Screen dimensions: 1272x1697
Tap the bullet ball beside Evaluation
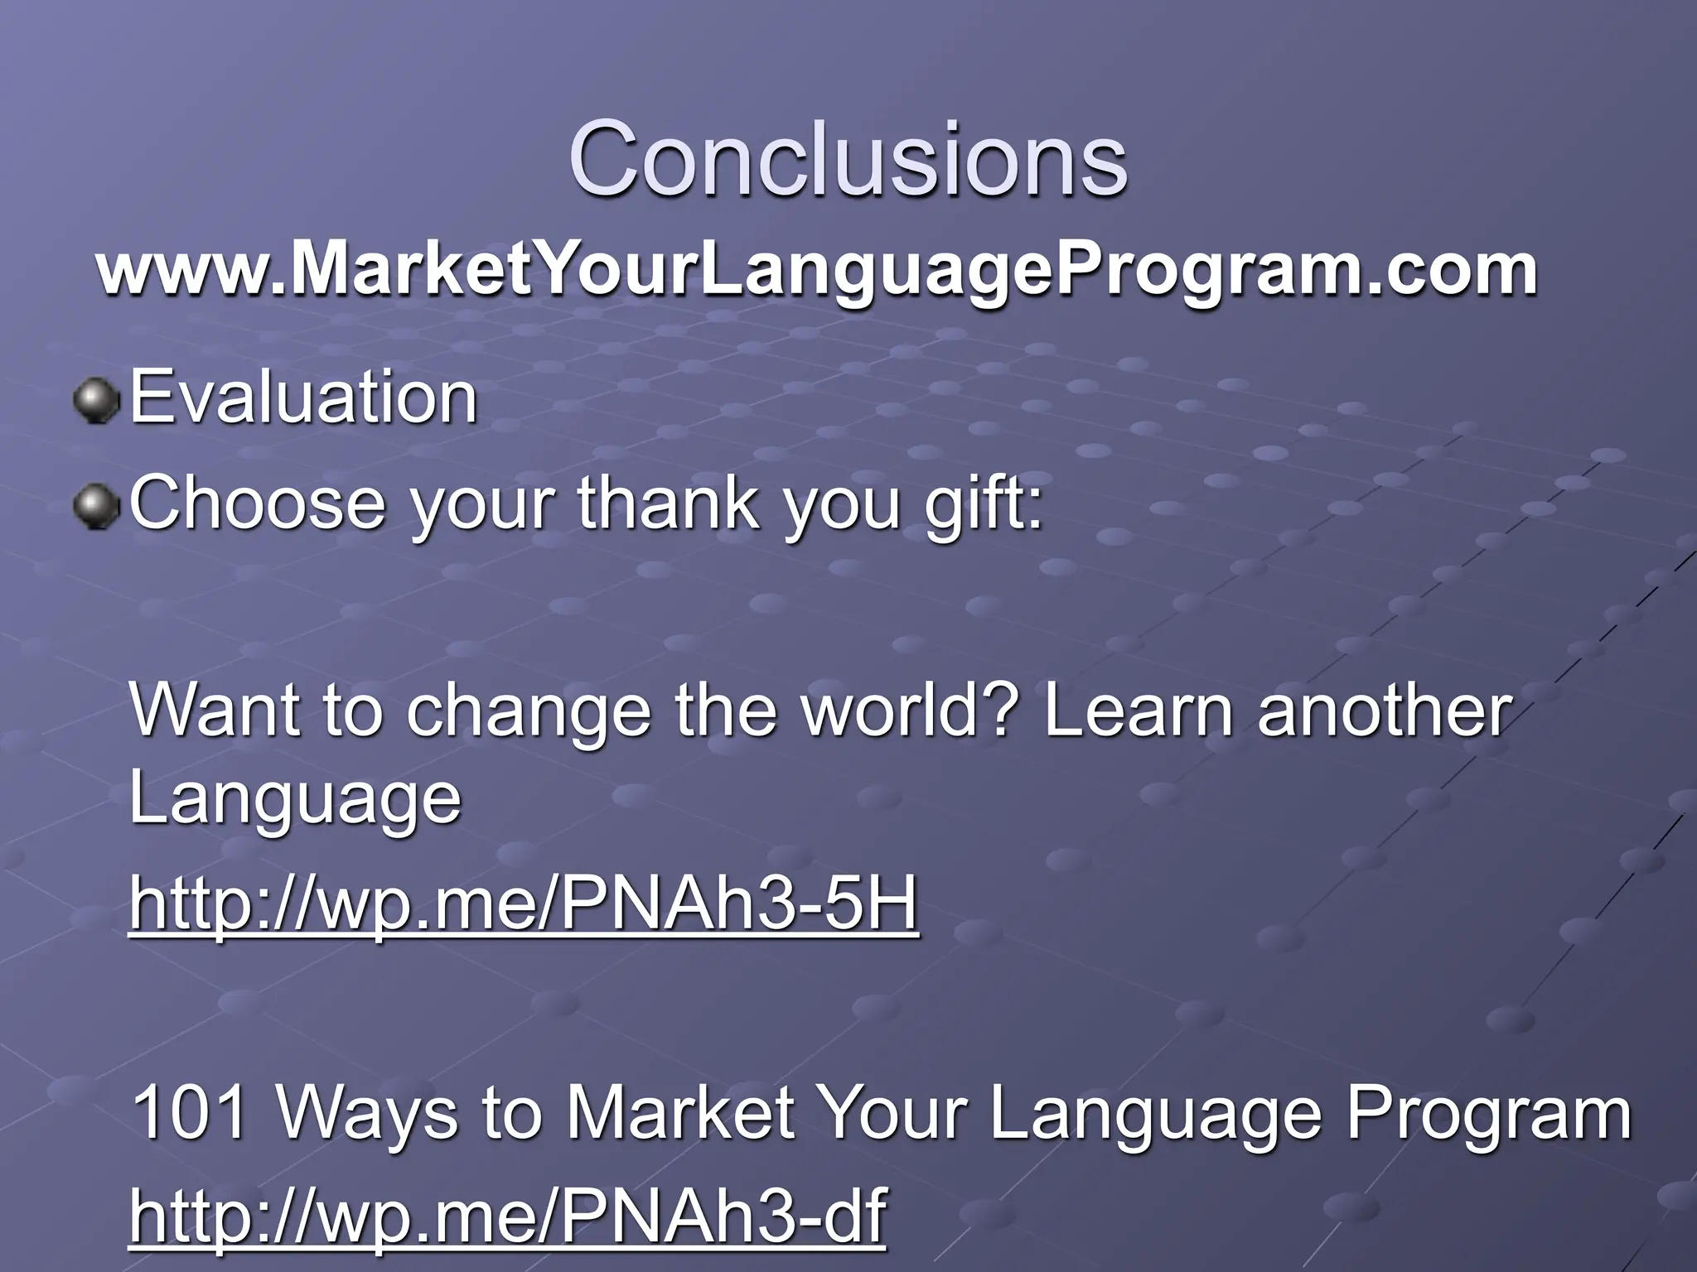[x=97, y=402]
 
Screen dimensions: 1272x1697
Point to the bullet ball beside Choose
[x=97, y=506]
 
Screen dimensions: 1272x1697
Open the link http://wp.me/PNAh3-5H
[x=524, y=903]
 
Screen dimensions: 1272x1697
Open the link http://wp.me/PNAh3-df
[x=507, y=1215]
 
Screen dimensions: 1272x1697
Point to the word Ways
[x=367, y=1114]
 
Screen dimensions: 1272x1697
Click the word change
[x=529, y=712]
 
